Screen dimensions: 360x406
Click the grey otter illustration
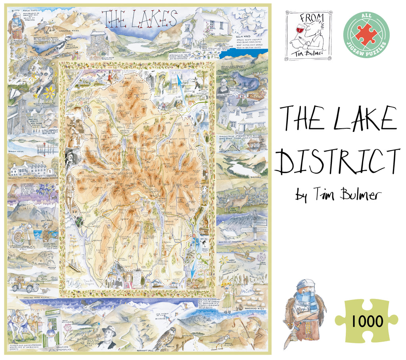244,82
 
